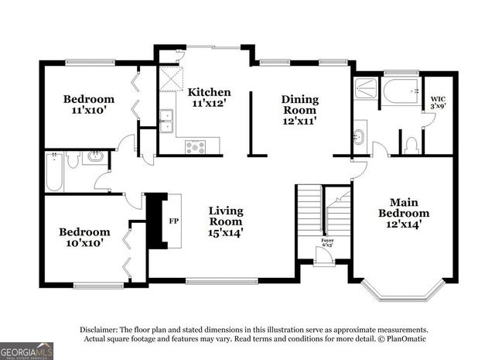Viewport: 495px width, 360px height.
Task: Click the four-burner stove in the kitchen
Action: [195, 145]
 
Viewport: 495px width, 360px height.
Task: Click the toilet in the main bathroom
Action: [411, 144]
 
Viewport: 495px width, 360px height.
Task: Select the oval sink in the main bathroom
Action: [359, 138]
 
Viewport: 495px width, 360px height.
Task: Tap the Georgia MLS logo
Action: [26, 349]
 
